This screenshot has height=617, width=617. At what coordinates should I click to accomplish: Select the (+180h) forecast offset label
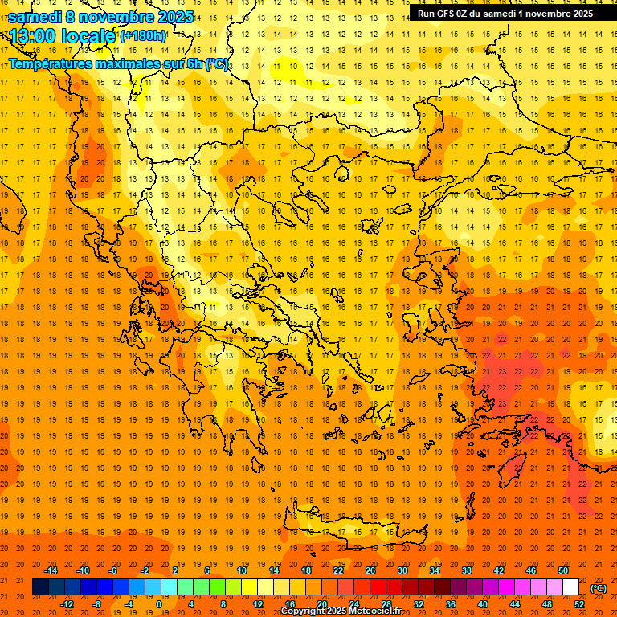[143, 36]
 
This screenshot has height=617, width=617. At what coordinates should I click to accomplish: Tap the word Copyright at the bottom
[303, 611]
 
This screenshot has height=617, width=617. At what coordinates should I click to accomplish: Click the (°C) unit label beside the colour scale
[599, 588]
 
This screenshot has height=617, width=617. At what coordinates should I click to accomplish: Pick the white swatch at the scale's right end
[570, 587]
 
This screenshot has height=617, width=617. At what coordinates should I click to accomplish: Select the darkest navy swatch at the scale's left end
[40, 587]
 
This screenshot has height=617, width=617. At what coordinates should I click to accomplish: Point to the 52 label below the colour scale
[580, 604]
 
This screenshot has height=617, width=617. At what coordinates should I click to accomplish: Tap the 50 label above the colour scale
[562, 570]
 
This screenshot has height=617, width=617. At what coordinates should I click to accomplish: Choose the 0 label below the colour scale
[158, 604]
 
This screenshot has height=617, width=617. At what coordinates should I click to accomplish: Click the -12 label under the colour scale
[67, 604]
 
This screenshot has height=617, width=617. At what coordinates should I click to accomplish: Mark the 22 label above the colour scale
[338, 570]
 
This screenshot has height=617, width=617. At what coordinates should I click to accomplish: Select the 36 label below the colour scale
[450, 604]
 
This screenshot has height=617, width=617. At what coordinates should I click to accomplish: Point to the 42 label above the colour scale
[498, 570]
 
